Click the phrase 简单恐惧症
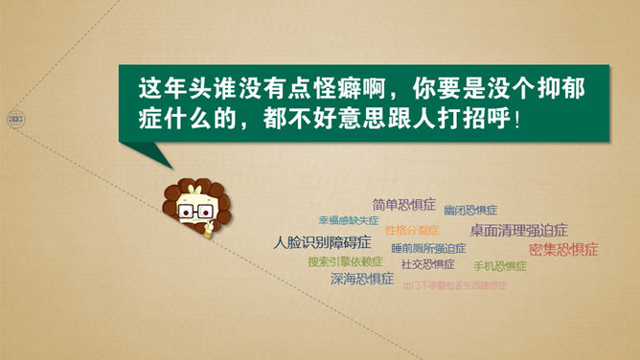coord(404,205)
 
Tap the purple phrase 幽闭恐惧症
coord(470,210)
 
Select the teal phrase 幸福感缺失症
coord(343,219)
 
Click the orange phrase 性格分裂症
coord(412,230)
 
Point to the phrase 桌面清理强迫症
coord(518,230)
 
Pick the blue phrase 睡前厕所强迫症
coord(422,247)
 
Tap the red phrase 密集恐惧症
coord(563,249)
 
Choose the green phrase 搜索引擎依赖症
coord(345,261)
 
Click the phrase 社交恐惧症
coord(428,264)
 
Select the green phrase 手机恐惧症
coord(500,266)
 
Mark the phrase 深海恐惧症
coord(362,280)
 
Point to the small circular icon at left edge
coord(15,120)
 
